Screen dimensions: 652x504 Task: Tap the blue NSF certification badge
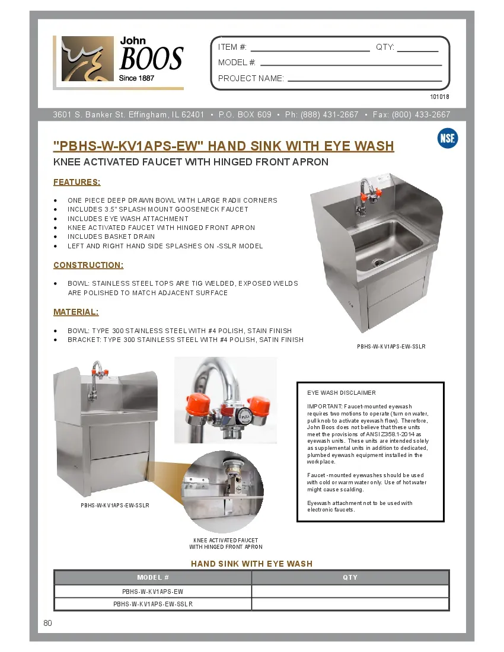click(x=447, y=139)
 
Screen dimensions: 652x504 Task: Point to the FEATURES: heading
click(x=77, y=182)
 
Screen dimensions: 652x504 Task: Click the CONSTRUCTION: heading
click(x=88, y=265)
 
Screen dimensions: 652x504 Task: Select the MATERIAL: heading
click(x=76, y=312)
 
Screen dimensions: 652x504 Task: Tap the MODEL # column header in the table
click(x=153, y=577)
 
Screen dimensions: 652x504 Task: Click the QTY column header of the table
click(x=350, y=577)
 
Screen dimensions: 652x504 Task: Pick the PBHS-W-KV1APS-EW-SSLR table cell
click(x=153, y=604)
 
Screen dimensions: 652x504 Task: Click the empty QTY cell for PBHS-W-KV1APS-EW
click(x=350, y=592)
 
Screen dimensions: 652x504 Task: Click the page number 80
click(x=48, y=623)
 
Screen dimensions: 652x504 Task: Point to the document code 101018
click(x=439, y=97)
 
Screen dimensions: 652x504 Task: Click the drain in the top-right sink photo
click(x=378, y=261)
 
